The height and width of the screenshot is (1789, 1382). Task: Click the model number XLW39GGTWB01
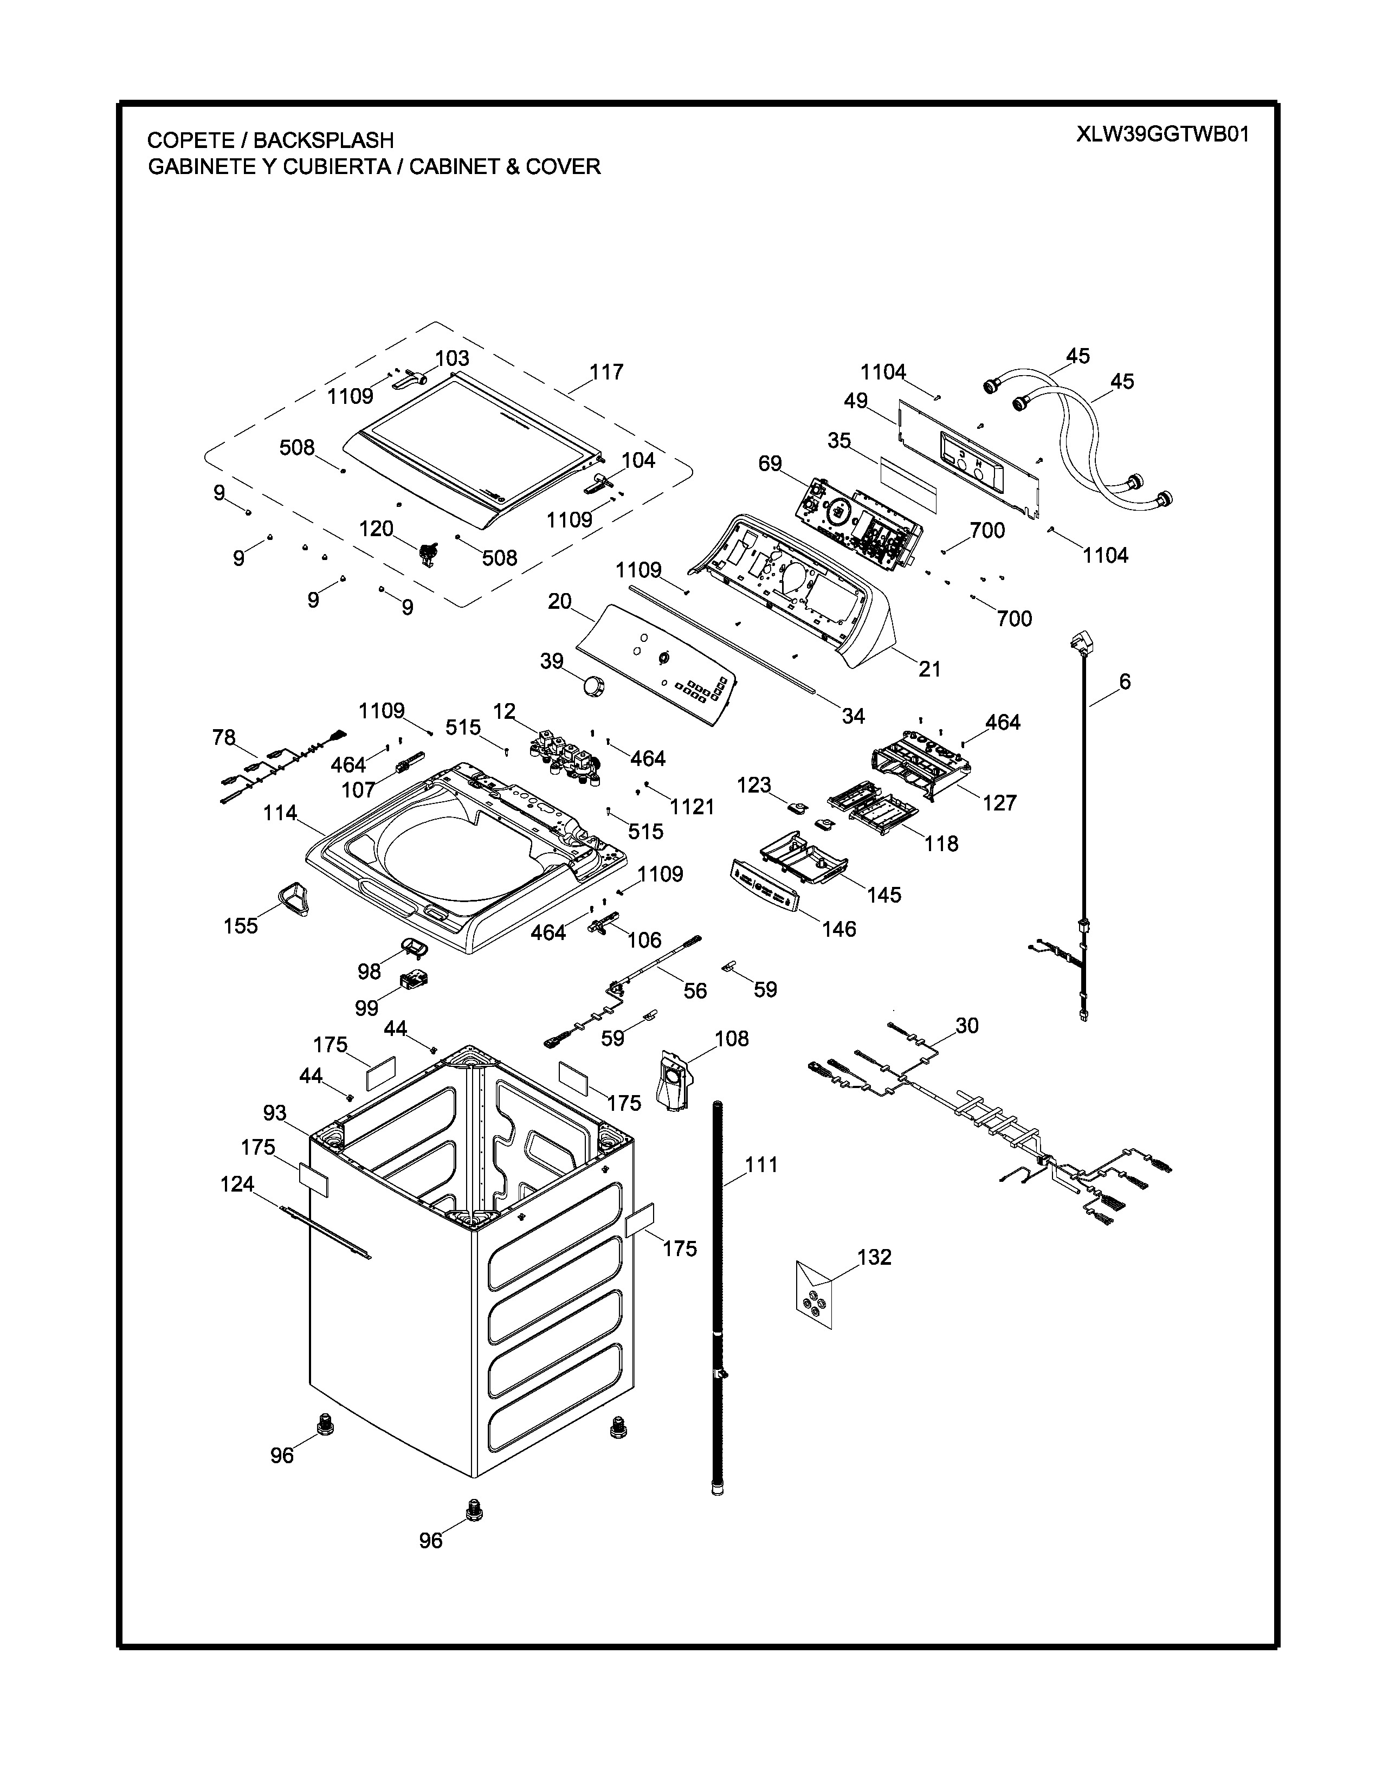(x=1163, y=134)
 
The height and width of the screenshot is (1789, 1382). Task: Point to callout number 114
(x=280, y=813)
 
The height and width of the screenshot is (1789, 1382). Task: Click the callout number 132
(x=874, y=1257)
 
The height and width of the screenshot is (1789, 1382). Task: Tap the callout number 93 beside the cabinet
(x=275, y=1112)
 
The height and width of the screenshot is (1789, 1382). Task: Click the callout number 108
(x=732, y=1039)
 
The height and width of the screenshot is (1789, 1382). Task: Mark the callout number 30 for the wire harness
(x=967, y=1026)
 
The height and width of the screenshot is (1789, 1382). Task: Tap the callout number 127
(x=1000, y=803)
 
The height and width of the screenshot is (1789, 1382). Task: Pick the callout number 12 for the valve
(x=505, y=711)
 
